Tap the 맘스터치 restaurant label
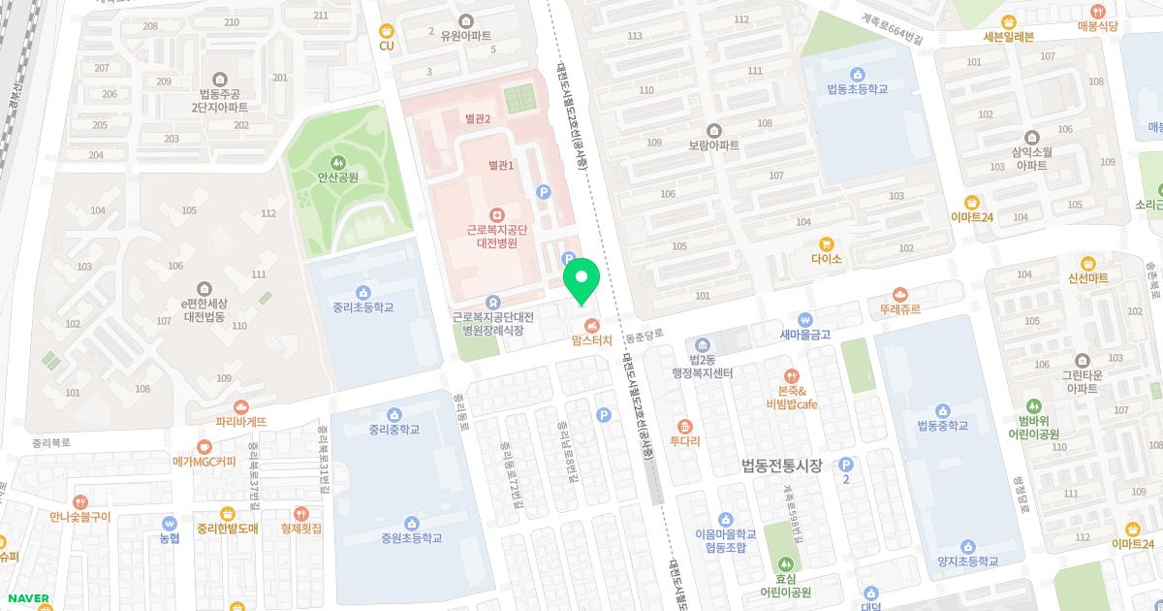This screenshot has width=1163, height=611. [x=591, y=340]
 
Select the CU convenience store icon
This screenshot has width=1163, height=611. [x=387, y=30]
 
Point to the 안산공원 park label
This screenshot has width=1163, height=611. [x=337, y=177]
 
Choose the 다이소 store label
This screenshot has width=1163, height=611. [x=826, y=259]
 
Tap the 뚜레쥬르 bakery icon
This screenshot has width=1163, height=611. [x=900, y=294]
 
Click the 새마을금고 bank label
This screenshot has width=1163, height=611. [x=804, y=335]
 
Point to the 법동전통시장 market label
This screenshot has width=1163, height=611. [x=781, y=466]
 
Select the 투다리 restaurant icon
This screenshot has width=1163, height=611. [x=684, y=425]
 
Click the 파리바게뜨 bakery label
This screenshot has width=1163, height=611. [x=241, y=422]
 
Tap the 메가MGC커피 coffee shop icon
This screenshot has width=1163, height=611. [x=204, y=446]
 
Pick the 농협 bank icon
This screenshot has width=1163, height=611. [x=169, y=522]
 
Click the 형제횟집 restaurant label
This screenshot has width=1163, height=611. [x=300, y=529]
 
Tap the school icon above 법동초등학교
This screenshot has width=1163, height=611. [x=857, y=73]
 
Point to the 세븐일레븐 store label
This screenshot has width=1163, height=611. [x=1008, y=37]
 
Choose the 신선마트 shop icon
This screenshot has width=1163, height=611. [x=1087, y=262]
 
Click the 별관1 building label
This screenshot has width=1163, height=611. [x=501, y=166]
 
